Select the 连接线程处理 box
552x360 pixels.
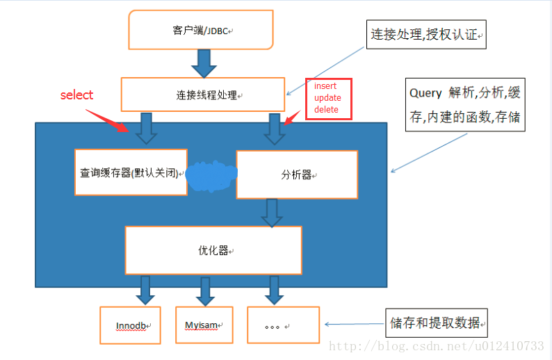tap(203, 95)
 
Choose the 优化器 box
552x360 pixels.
tap(213, 250)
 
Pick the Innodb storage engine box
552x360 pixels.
tap(130, 325)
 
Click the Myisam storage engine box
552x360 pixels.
tap(204, 325)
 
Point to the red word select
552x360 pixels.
tap(76, 95)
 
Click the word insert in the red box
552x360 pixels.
tap(325, 86)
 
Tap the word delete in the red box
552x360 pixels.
tap(326, 110)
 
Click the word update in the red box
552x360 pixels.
tap(327, 98)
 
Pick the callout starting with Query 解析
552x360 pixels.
tap(464, 105)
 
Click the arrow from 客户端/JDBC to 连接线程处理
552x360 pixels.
tap(204, 63)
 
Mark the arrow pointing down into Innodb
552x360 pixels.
tap(145, 290)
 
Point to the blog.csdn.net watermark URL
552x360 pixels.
tap(436, 345)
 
